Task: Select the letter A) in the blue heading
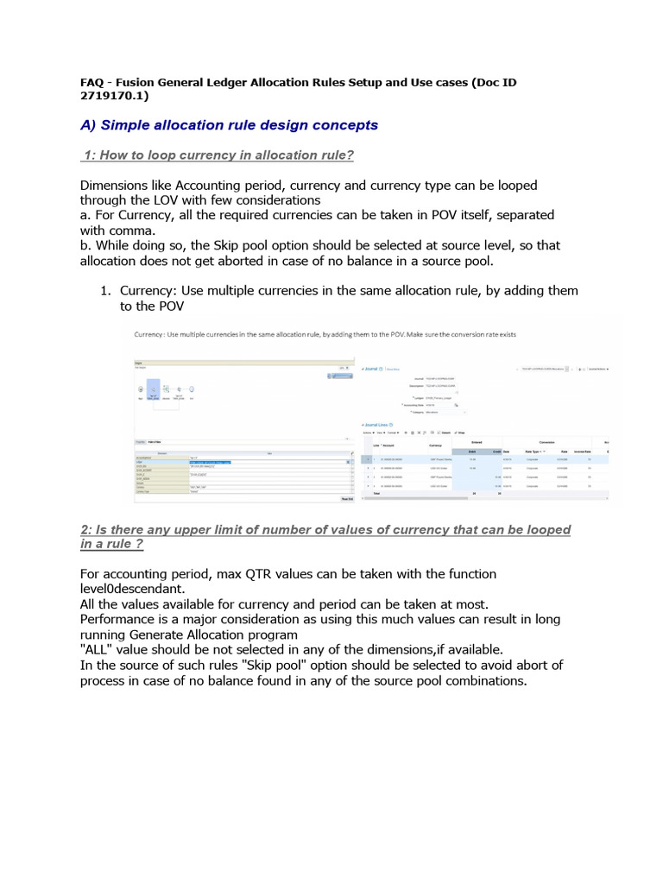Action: (88, 125)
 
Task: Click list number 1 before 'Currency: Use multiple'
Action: (106, 290)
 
